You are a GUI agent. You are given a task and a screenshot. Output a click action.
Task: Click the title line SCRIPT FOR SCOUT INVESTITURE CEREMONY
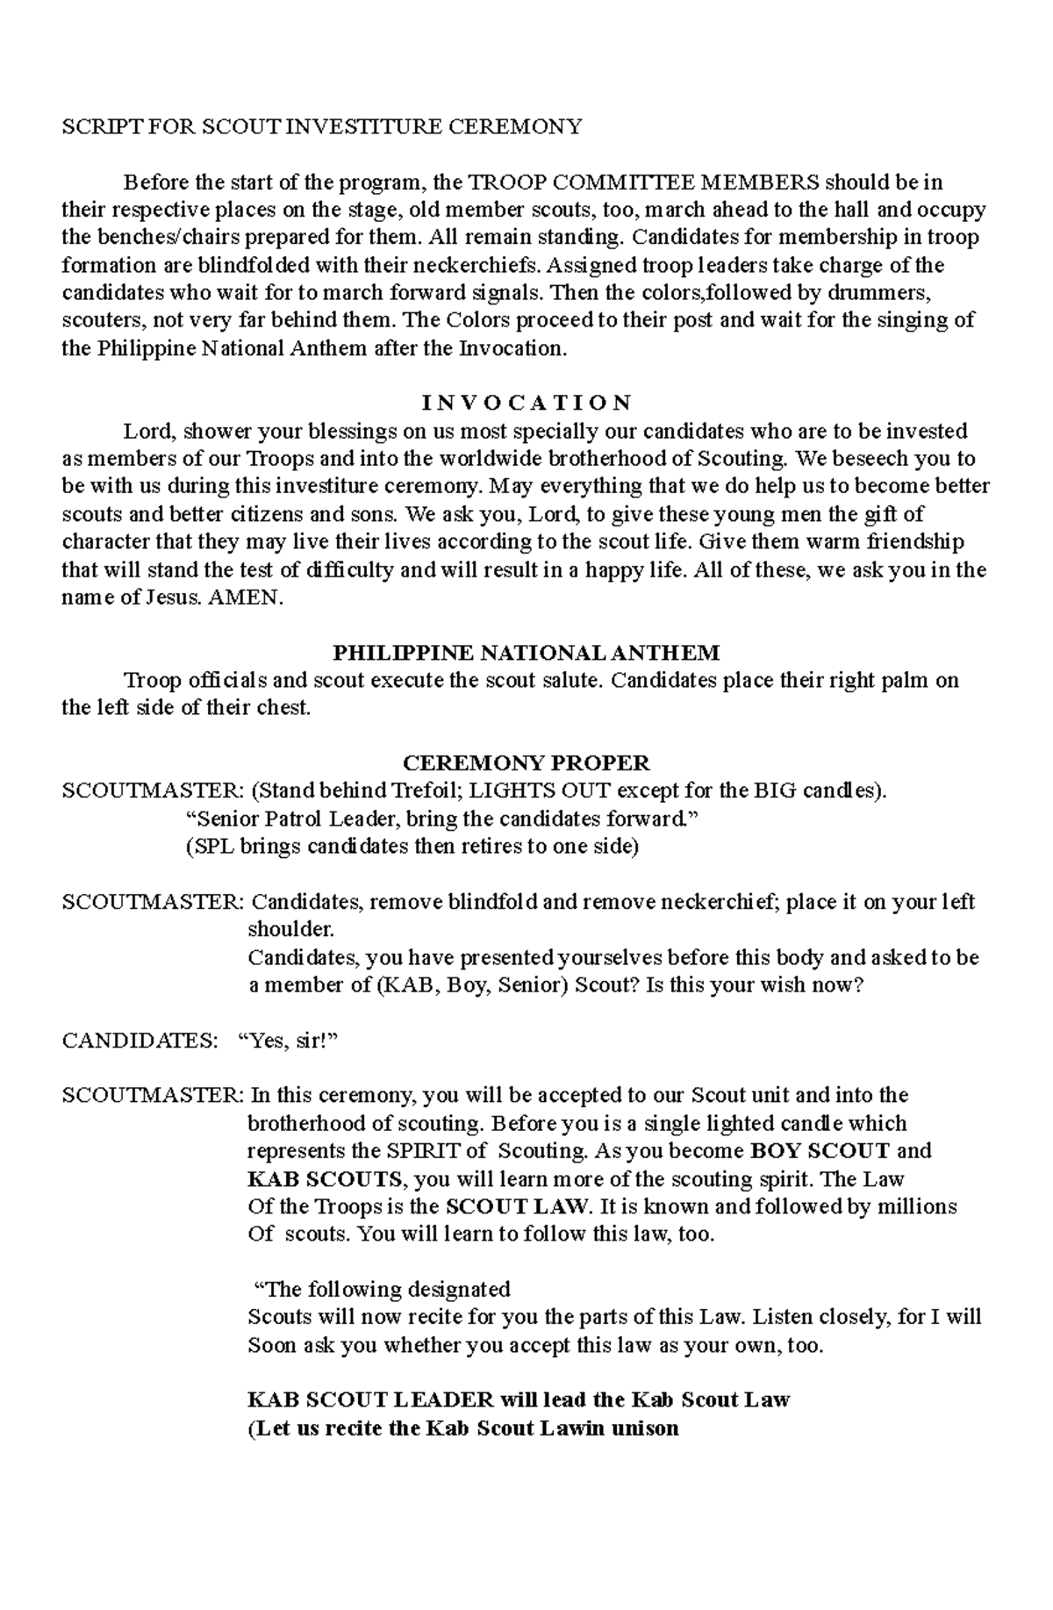321,126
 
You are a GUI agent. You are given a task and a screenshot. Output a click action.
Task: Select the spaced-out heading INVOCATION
526,403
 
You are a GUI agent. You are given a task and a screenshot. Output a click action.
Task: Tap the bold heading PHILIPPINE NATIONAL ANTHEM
526,653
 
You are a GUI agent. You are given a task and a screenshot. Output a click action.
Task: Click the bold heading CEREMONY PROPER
526,762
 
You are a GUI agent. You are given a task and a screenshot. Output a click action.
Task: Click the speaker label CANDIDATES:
139,1041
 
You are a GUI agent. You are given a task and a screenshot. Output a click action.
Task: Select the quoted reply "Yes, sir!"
288,1041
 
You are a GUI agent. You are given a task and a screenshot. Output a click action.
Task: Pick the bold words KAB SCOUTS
325,1178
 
